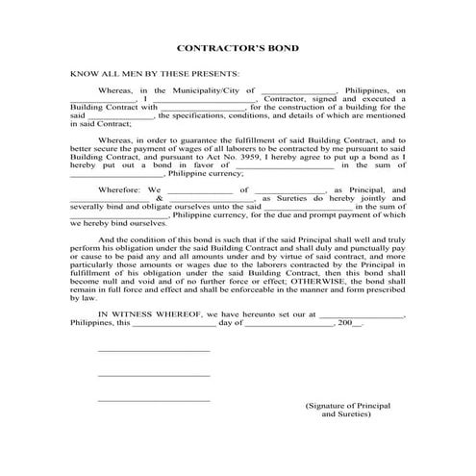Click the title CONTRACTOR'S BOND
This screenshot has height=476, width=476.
[x=238, y=47]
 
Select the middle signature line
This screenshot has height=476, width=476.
[x=153, y=375]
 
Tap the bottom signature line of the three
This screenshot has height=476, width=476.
[x=153, y=400]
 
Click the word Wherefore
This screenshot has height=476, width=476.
[x=120, y=190]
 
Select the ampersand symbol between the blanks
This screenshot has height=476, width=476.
[x=160, y=198]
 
